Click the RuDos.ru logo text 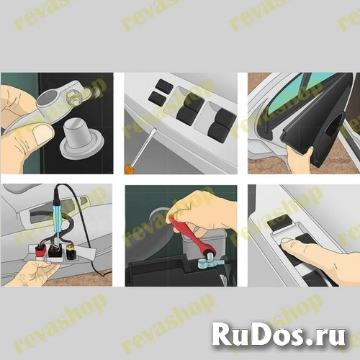click(x=278, y=333)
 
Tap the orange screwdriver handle click(x=127, y=168)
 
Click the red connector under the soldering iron click(x=40, y=251)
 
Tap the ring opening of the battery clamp click(x=48, y=98)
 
